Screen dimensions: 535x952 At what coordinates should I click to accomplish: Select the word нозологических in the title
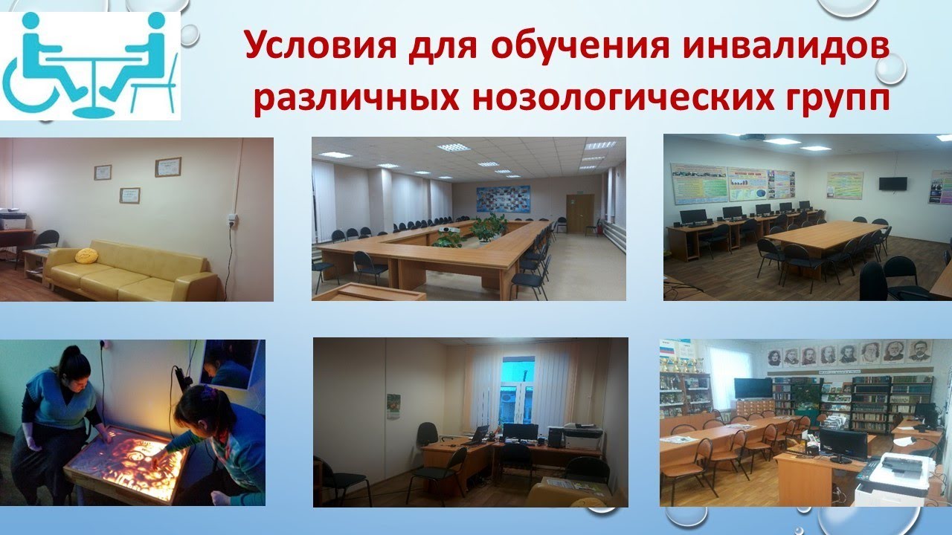point(615,99)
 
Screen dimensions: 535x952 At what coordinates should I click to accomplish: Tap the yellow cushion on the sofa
point(87,256)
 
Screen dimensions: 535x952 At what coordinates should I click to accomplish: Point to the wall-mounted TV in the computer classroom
point(892,184)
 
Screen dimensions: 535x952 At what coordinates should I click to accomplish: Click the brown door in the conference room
point(579,213)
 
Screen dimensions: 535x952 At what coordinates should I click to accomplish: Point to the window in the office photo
point(518,389)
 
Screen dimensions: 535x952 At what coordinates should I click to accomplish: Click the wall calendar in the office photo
point(393,406)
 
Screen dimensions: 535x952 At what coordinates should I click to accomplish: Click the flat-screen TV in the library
point(753,388)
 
